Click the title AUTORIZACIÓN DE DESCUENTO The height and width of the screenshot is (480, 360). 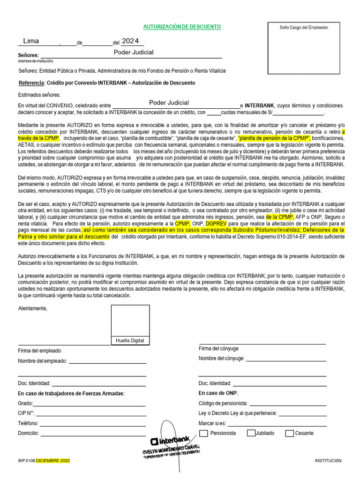pyautogui.click(x=182, y=27)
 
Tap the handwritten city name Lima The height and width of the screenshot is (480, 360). pyautogui.click(x=31, y=41)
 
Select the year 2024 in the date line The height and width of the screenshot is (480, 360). pyautogui.click(x=130, y=41)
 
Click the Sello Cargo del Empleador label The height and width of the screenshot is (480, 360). pyautogui.click(x=304, y=28)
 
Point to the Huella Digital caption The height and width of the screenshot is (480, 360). pyautogui.click(x=130, y=341)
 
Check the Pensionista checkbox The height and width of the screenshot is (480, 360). pyautogui.click(x=204, y=433)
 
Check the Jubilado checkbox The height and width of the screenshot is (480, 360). pyautogui.click(x=251, y=433)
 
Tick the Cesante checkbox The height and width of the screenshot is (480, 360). pyautogui.click(x=290, y=433)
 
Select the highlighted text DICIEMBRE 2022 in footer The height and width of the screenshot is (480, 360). pyautogui.click(x=53, y=461)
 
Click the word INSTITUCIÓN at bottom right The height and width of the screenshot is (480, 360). pyautogui.click(x=328, y=461)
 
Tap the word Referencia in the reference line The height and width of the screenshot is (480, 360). pyautogui.click(x=31, y=83)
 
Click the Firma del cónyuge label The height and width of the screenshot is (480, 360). pyautogui.click(x=218, y=348)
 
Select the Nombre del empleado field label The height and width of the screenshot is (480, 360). pyautogui.click(x=42, y=361)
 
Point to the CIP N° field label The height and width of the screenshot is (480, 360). pyautogui.click(x=26, y=413)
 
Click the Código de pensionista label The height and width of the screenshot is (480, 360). pyautogui.click(x=223, y=403)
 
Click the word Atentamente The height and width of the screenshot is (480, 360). pyautogui.click(x=32, y=308)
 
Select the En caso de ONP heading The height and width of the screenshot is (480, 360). pyautogui.click(x=218, y=393)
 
